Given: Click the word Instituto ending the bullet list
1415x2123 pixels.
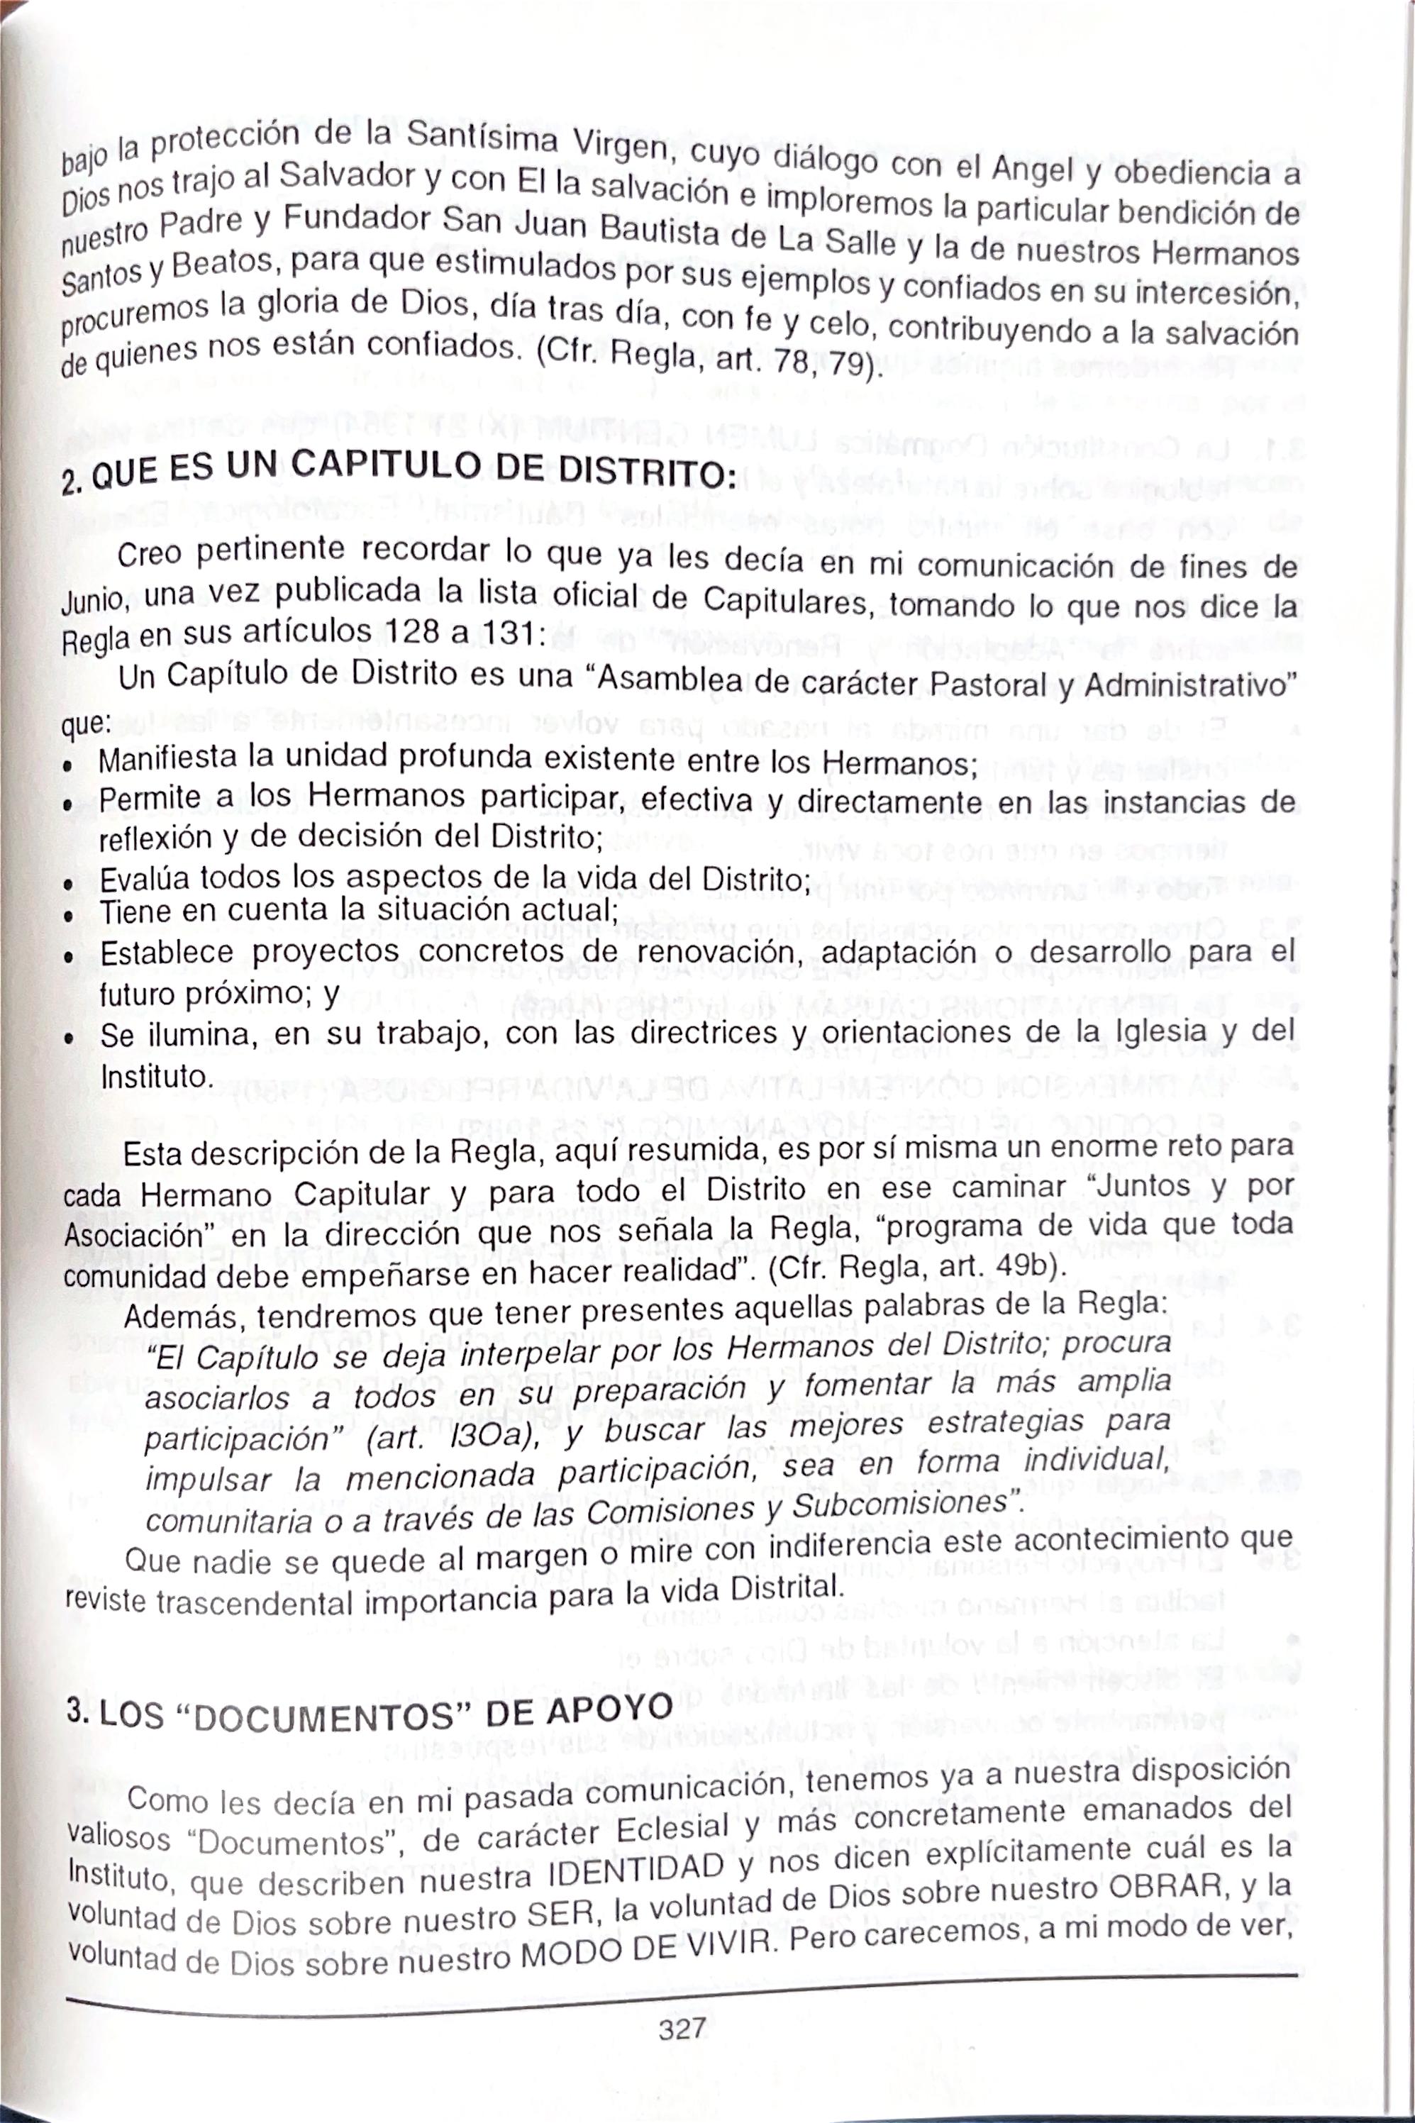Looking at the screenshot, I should tap(155, 1077).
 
